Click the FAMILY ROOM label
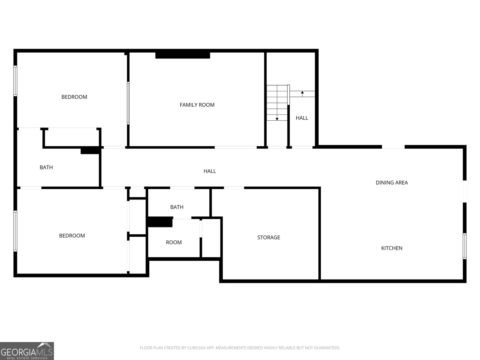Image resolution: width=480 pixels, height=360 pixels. (x=197, y=105)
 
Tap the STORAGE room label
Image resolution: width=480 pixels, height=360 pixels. (x=268, y=237)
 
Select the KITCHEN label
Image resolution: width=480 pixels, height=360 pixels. (x=391, y=248)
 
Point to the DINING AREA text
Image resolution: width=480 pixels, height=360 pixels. (x=391, y=182)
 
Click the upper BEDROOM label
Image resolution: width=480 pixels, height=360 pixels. (x=74, y=97)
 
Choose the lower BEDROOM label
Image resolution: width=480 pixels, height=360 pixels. (x=72, y=235)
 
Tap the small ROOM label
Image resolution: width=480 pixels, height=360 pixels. (x=174, y=242)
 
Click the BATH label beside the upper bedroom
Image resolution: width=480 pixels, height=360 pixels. (x=46, y=167)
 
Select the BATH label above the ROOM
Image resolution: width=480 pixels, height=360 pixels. (x=177, y=207)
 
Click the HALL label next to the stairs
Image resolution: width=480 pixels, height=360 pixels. (x=302, y=118)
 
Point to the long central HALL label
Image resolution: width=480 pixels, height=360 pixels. (x=210, y=171)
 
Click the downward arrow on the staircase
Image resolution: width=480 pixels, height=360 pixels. (x=277, y=118)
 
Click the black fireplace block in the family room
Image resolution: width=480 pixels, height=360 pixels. (x=182, y=55)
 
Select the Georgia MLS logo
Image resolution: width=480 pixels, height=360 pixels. (x=27, y=351)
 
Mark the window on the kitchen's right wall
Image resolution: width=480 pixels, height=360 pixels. (x=464, y=246)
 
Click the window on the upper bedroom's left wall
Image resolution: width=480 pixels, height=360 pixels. (x=15, y=81)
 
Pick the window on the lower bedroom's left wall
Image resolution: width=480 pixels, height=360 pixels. (x=15, y=231)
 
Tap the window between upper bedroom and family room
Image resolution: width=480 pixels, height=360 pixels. (x=128, y=103)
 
